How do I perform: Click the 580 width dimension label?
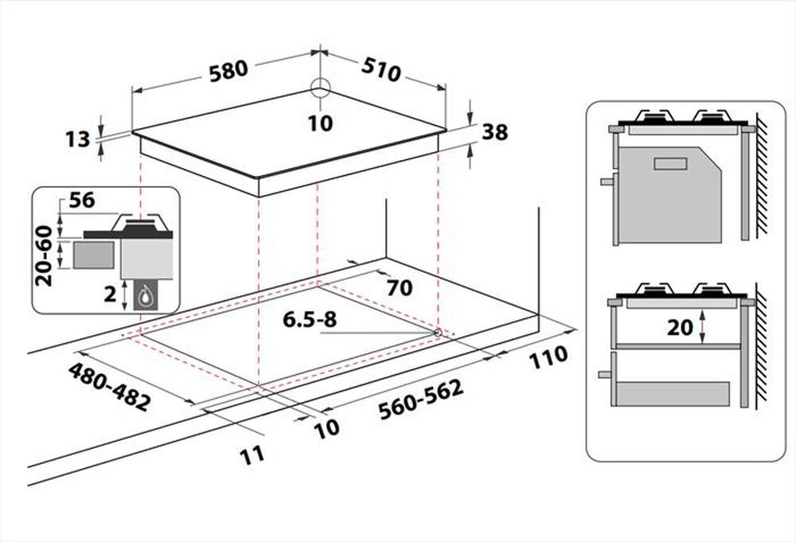point(229,71)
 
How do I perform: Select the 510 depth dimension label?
point(381,70)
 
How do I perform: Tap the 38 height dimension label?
point(494,132)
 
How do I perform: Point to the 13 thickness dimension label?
point(78,139)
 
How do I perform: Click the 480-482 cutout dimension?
point(110,387)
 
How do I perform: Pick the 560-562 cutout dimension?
point(421,400)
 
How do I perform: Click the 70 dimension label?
point(400,288)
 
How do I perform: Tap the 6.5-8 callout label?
point(310,319)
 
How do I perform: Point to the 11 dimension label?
point(252,455)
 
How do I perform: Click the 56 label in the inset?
point(82,200)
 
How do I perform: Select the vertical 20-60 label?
point(44,255)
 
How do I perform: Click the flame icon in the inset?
point(146,296)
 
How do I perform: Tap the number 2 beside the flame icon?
point(110,294)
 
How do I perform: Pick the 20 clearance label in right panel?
point(680,327)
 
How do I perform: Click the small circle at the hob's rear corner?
point(320,88)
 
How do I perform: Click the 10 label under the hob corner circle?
point(320,123)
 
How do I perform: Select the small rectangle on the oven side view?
point(670,164)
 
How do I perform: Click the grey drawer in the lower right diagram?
point(673,393)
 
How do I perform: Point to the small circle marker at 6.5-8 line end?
point(437,333)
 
